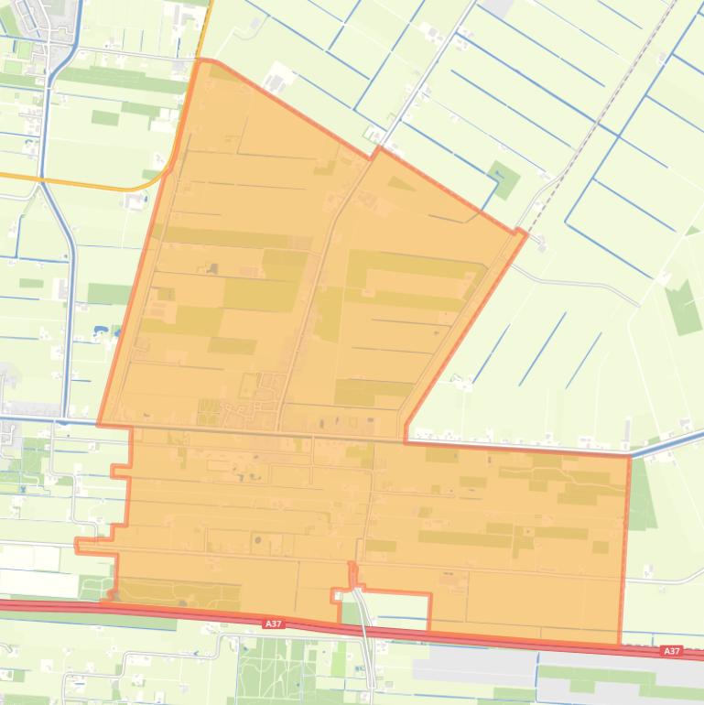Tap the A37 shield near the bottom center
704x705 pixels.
point(273,624)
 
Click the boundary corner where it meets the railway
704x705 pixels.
point(525,233)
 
